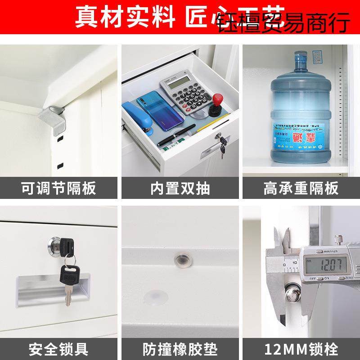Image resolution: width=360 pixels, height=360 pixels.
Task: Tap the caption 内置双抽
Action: point(180,188)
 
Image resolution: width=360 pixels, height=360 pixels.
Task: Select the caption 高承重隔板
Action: point(301,188)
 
